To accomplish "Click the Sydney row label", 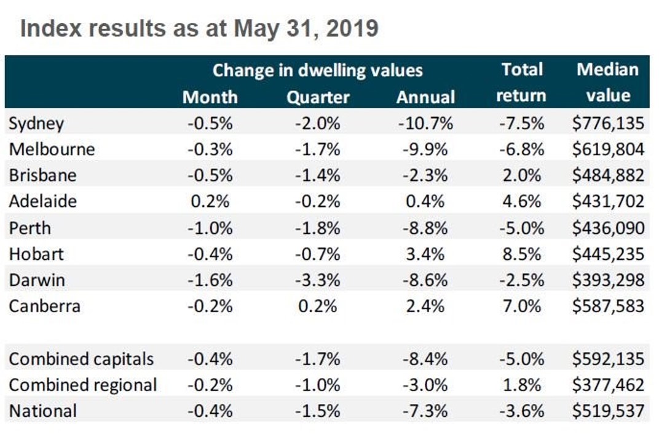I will [36, 124].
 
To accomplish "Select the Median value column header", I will [607, 82].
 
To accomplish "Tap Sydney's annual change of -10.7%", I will [425, 124].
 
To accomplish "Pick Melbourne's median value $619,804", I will [607, 150].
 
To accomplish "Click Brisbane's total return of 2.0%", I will [521, 175].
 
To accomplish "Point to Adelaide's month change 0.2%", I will [210, 202].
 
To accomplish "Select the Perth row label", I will [30, 228].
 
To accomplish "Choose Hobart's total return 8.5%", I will [521, 254].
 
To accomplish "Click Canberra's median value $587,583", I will [607, 306].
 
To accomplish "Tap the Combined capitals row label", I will [81, 359].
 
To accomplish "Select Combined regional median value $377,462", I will [607, 385].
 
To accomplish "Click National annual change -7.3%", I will [425, 411].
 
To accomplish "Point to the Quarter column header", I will [318, 97].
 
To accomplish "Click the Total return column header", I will [521, 82].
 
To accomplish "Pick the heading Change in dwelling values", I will [317, 70].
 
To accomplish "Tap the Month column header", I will [210, 97].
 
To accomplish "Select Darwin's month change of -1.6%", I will [210, 280].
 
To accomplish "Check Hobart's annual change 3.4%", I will [425, 254].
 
